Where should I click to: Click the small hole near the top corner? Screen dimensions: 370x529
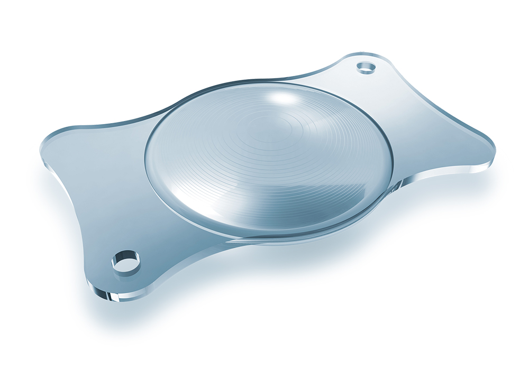[365, 67]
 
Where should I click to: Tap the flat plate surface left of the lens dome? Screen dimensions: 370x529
[106, 159]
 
